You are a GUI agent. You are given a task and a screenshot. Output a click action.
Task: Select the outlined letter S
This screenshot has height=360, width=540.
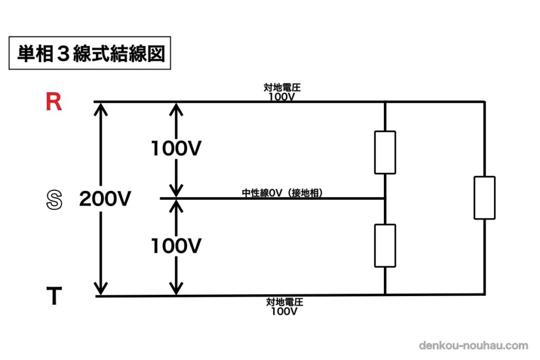coord(54,200)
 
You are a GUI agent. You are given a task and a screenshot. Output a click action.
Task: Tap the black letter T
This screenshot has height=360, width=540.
coord(54,297)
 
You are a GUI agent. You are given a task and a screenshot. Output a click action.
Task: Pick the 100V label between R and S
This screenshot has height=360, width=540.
coord(176,149)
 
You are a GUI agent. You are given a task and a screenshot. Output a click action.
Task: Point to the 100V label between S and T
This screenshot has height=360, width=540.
coord(176,246)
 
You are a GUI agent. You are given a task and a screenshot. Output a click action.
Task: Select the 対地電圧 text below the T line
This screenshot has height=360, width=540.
coord(285,303)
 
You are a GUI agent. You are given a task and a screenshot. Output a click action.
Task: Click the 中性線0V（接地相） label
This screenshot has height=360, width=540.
coord(282,193)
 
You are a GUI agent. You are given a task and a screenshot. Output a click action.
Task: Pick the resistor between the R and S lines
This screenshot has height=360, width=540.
coord(385,152)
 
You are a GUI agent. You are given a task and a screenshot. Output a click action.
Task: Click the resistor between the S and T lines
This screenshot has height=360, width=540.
coord(385,246)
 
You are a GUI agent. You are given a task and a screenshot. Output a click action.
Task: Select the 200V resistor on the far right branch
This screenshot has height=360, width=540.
coord(484,198)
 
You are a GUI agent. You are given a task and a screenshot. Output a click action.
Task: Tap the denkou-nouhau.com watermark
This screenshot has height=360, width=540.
coord(473,346)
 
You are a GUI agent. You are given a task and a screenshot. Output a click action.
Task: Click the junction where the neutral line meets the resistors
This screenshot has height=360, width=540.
coord(385,199)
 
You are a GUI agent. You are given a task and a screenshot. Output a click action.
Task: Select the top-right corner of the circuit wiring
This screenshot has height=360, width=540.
coord(484,102)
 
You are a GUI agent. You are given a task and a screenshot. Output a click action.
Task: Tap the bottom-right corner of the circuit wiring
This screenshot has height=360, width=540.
coord(484,294)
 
